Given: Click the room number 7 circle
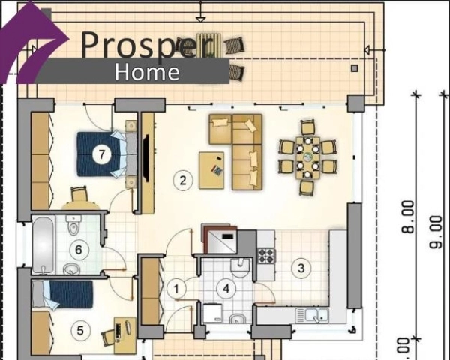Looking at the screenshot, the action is (x=102, y=154).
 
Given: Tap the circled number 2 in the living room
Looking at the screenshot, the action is (x=183, y=181).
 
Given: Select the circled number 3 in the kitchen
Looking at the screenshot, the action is (x=301, y=268).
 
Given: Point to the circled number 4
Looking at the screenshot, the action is (x=226, y=289).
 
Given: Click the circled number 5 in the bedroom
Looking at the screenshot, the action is (x=80, y=330).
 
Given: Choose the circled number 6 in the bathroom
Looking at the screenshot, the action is (x=79, y=250).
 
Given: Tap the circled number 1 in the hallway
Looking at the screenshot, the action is (x=176, y=289).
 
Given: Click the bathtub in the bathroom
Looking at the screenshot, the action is (x=43, y=245).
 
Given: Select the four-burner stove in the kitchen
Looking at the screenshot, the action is (x=266, y=256).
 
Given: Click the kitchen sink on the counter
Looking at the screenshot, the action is (x=312, y=315).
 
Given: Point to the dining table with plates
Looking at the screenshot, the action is (x=307, y=157).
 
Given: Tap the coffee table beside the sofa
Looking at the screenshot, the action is (x=211, y=170).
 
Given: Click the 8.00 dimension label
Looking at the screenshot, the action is (x=408, y=217).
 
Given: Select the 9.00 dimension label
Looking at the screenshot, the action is (x=436, y=232).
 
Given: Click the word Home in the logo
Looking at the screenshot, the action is (x=147, y=72).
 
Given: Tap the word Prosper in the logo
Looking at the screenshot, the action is (x=148, y=44).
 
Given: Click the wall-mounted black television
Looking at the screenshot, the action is (x=145, y=158).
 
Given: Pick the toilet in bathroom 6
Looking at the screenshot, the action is (x=73, y=223).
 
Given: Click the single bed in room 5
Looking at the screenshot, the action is (x=62, y=294).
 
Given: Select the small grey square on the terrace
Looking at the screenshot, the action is (x=355, y=68).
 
